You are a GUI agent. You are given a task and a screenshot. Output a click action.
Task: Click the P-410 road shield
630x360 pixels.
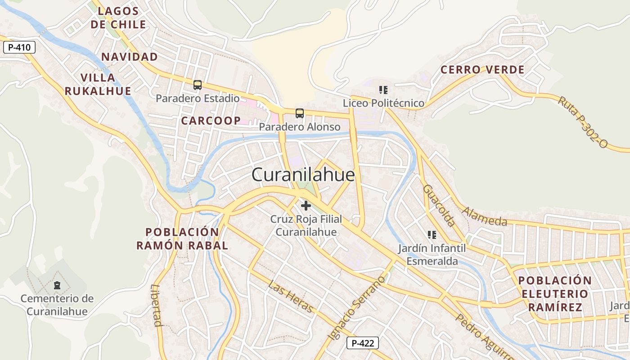point(19,47)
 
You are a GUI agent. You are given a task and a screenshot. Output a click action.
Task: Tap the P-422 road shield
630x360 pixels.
point(362,343)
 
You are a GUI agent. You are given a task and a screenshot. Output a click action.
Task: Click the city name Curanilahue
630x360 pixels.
point(303,175)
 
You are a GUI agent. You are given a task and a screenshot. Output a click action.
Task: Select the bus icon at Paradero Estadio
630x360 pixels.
point(197,85)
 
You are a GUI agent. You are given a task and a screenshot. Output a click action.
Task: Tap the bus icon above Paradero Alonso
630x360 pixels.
point(299,113)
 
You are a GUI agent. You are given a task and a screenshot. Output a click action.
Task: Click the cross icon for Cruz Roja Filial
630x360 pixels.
point(306,206)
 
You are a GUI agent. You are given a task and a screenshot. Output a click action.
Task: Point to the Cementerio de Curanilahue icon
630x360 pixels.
point(57,285)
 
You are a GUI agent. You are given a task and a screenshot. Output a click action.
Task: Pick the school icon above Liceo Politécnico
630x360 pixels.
point(383,90)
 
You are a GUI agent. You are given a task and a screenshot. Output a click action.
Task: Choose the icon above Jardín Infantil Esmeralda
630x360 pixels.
point(432,234)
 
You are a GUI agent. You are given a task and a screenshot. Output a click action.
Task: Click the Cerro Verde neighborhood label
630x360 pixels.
point(482,70)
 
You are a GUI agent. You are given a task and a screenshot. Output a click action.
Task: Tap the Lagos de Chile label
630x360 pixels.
point(118,18)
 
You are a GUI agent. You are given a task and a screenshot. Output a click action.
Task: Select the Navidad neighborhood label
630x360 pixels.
point(130,57)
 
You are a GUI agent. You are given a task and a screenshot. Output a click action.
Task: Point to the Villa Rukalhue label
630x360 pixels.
point(98,84)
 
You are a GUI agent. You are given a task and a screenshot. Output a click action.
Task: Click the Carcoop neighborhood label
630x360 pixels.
point(211,121)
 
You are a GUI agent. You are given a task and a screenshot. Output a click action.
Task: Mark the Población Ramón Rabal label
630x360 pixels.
point(182,239)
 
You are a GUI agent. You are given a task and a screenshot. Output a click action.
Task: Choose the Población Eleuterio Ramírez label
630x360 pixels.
point(555,294)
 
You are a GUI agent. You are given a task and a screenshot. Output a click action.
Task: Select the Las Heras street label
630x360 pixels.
point(290,296)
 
